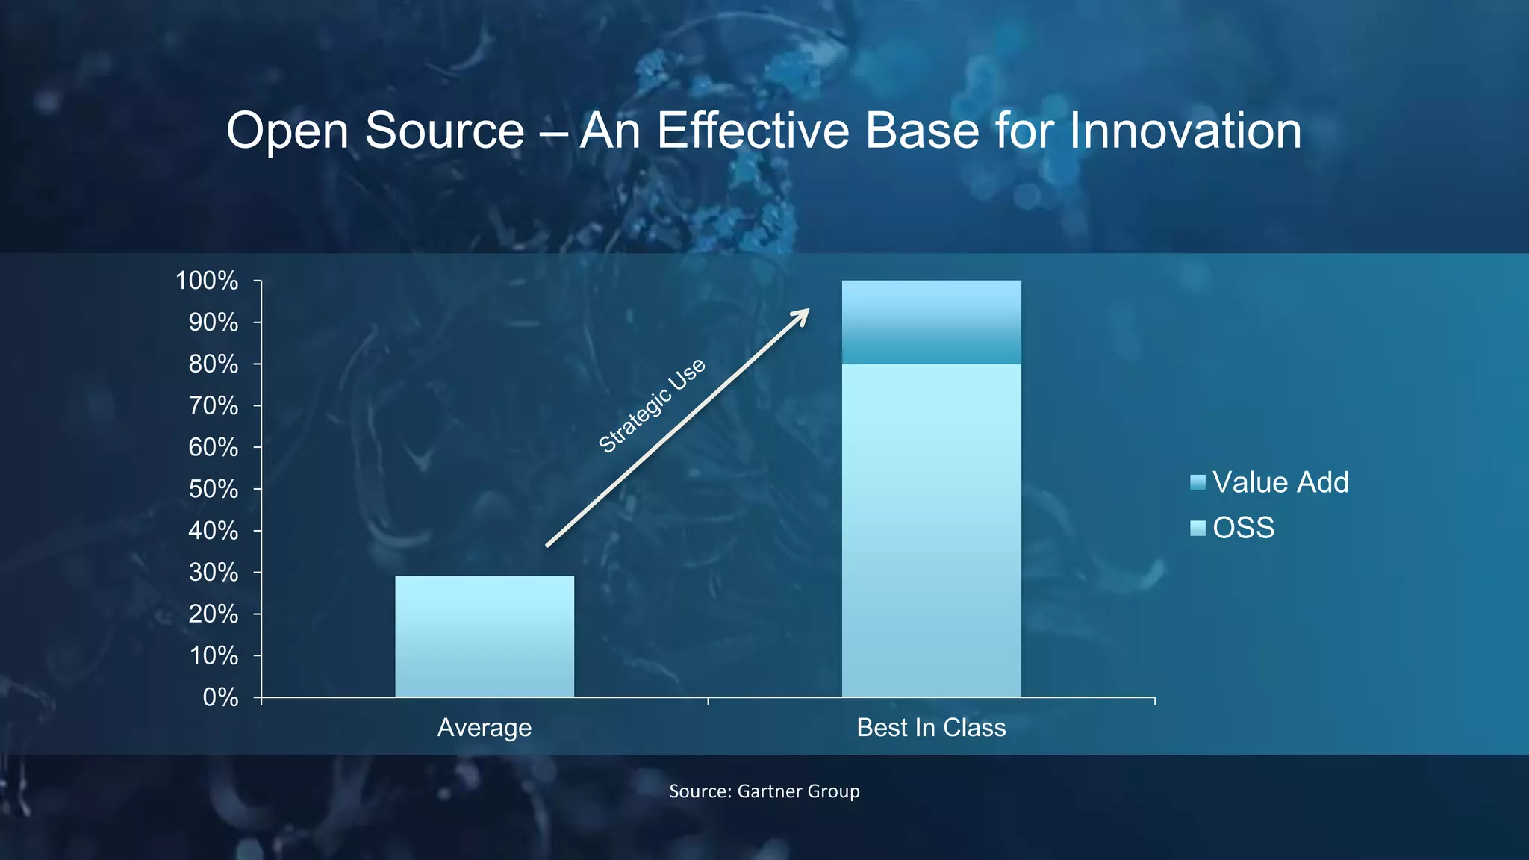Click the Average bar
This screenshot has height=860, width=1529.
tap(485, 636)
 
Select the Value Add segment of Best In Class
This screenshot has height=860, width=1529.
tap(931, 322)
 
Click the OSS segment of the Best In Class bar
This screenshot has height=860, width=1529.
tap(931, 530)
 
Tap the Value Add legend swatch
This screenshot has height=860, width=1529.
tap(1198, 482)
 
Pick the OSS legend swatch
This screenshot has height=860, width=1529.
tap(1198, 529)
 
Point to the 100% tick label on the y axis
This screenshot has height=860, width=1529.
tap(207, 281)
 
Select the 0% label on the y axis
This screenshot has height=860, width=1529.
tap(220, 698)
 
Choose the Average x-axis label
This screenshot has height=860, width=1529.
tap(485, 728)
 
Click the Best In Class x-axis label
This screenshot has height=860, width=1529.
tap(931, 728)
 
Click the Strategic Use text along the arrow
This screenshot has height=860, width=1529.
tap(651, 405)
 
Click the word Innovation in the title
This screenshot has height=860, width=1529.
tap(1186, 131)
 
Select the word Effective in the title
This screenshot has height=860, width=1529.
tap(753, 131)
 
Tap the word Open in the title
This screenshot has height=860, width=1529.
tap(287, 132)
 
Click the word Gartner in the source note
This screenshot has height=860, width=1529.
tap(767, 791)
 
